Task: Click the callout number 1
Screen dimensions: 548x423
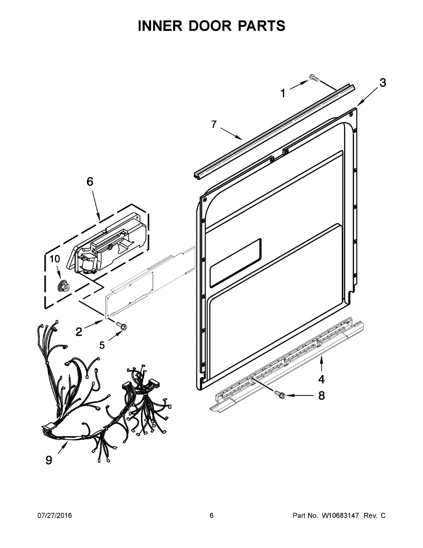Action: tap(283, 94)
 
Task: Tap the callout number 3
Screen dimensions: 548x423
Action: tap(382, 83)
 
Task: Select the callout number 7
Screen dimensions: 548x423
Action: tap(214, 124)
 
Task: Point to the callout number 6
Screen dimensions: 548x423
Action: tap(90, 181)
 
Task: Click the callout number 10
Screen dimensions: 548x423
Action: tap(55, 259)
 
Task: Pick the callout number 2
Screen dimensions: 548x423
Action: tap(79, 332)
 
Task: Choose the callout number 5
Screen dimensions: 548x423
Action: tap(102, 345)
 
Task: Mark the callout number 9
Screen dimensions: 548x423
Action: tap(49, 460)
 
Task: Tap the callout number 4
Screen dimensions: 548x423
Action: tap(321, 379)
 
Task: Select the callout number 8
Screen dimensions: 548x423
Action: tap(321, 395)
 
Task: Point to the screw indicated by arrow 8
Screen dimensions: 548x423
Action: tap(280, 394)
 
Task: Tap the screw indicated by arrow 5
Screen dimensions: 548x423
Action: tap(122, 326)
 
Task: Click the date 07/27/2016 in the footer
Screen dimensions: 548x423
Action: tap(54, 516)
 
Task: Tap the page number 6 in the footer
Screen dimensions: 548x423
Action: tap(211, 516)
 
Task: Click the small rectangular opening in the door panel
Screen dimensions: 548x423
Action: tap(235, 263)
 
